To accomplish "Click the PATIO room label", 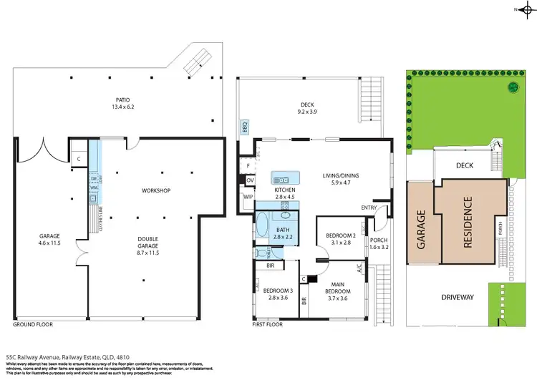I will tap(121, 99).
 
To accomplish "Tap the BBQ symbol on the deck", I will tap(244, 128).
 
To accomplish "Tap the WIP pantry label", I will tap(248, 196).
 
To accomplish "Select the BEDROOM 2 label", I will tap(341, 235).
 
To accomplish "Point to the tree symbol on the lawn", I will tap(513, 87).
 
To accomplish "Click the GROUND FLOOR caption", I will tap(33, 324).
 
